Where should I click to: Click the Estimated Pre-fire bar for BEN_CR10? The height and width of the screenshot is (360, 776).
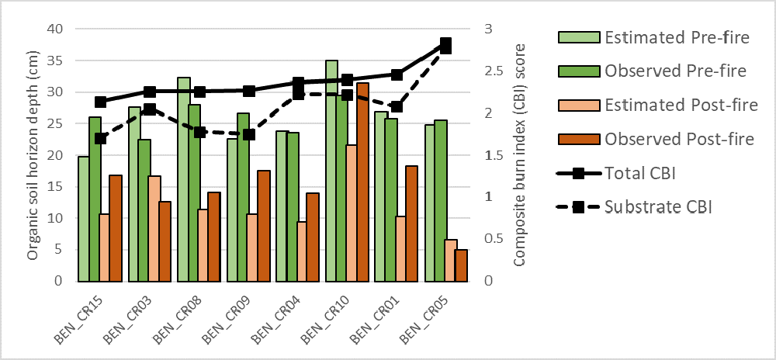[x=331, y=171]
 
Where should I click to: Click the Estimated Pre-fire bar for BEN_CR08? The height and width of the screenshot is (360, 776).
[x=183, y=179]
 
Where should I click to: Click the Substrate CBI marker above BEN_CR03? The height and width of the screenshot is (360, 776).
[x=150, y=109]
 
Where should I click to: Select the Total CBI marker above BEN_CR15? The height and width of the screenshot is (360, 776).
[x=100, y=102]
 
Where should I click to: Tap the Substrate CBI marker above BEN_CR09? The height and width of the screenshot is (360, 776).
[x=249, y=134]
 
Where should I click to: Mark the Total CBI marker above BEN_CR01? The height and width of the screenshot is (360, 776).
[x=397, y=74]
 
